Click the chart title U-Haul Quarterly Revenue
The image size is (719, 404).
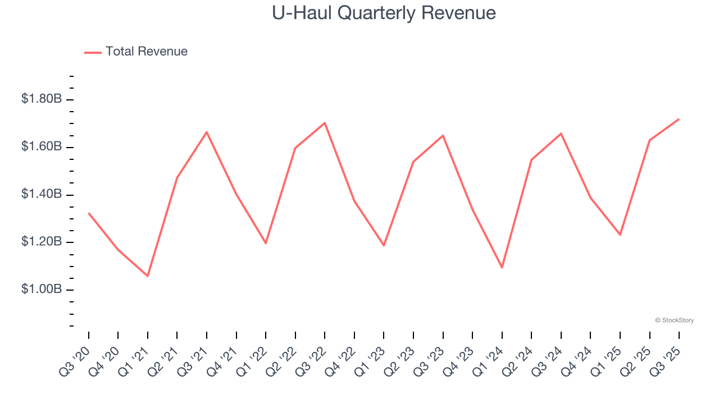click(384, 13)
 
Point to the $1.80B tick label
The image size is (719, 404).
click(41, 99)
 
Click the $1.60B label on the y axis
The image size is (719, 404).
click(41, 147)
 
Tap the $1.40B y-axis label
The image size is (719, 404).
click(41, 195)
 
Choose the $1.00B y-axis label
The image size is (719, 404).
click(41, 290)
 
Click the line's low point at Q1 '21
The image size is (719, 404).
click(148, 276)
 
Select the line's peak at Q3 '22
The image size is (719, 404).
click(325, 123)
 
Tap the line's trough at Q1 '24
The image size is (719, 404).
click(502, 268)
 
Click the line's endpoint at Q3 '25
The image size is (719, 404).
click(679, 119)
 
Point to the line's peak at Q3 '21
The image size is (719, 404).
click(207, 132)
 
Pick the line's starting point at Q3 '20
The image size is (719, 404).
click(89, 213)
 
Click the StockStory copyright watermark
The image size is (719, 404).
click(674, 320)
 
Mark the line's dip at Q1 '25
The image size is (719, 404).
click(620, 235)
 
